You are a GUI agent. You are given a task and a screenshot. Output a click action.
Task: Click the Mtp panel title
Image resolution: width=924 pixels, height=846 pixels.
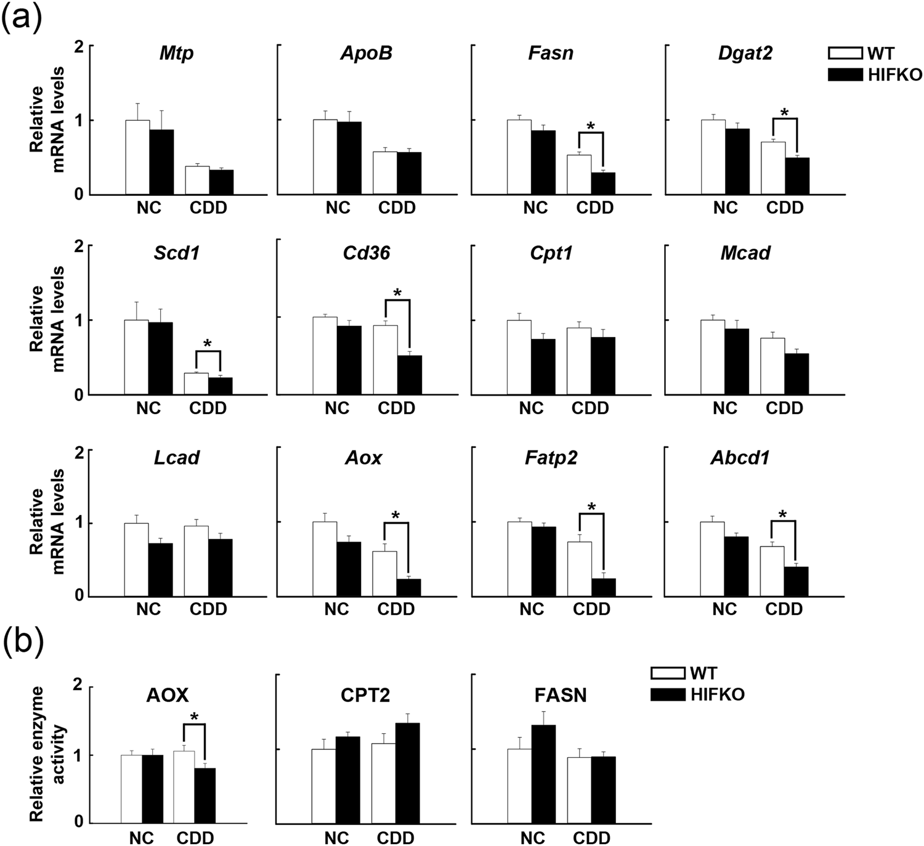(x=176, y=53)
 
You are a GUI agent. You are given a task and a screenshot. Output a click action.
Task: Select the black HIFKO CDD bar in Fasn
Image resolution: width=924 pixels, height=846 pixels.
(x=602, y=184)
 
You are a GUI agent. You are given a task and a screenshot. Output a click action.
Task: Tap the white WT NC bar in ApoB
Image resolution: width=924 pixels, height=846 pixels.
(x=325, y=157)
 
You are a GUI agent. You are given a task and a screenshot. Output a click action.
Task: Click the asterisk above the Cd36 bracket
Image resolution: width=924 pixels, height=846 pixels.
(x=397, y=293)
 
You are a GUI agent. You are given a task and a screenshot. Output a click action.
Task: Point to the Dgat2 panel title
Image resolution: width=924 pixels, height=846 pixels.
(x=745, y=53)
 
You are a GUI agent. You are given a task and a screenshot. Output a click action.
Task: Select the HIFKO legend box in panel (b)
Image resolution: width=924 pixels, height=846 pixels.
(x=668, y=694)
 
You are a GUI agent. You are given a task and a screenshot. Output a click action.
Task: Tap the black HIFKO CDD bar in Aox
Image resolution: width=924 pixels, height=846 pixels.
(x=408, y=588)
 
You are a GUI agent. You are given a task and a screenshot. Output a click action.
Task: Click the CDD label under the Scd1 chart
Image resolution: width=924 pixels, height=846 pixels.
(x=208, y=408)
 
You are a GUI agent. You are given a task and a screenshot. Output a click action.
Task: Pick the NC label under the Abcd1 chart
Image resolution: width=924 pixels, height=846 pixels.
(x=724, y=609)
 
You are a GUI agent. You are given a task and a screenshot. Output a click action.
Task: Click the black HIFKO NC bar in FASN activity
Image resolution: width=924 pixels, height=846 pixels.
(x=543, y=774)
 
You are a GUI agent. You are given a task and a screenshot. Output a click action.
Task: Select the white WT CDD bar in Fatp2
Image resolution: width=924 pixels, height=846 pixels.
(x=579, y=569)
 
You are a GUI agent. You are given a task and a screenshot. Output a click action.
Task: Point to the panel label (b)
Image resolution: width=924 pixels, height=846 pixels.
(x=23, y=642)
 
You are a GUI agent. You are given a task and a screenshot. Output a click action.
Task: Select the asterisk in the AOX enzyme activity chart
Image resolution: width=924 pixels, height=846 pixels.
(x=194, y=717)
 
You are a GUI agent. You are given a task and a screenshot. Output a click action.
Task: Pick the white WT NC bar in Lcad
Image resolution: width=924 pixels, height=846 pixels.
(x=136, y=559)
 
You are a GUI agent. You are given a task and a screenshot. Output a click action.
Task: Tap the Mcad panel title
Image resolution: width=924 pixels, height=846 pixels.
(x=745, y=253)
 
